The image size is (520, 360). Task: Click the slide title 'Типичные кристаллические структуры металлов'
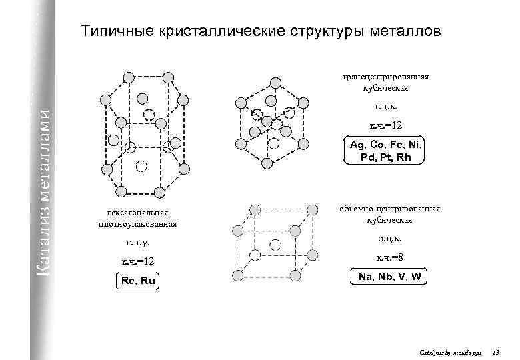coord(261,31)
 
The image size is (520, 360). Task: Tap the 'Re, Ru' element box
coord(138,281)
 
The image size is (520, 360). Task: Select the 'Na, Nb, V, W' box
coord(389,276)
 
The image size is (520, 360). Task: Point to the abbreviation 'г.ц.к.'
coord(386,106)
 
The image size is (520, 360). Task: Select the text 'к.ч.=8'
coord(389,257)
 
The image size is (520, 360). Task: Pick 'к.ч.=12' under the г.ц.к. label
coord(386,125)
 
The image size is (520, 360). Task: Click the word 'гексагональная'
coord(137,212)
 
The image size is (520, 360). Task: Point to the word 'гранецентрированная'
coord(386,76)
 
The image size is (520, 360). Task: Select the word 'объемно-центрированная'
coord(389,209)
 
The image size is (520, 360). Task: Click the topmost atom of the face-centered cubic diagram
coord(275,82)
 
